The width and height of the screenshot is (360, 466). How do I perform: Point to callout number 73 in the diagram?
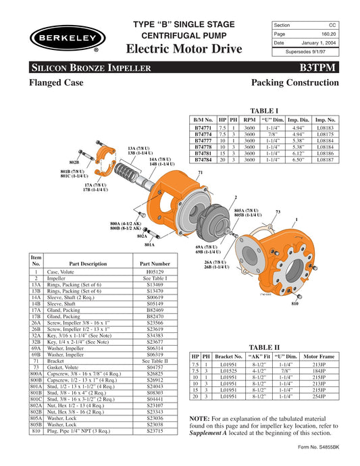coord(278,211)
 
